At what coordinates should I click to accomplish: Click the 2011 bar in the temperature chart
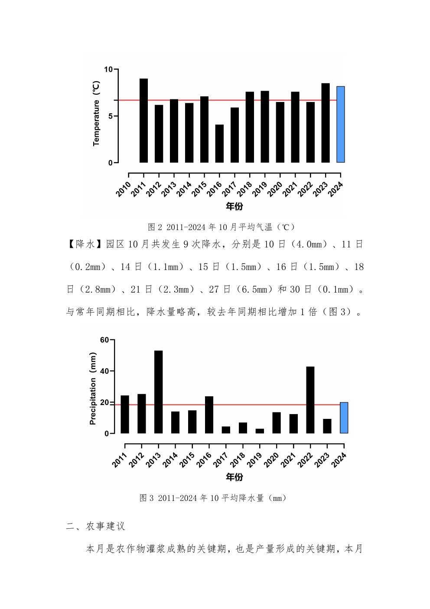(143, 121)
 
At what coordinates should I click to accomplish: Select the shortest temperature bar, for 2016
(219, 144)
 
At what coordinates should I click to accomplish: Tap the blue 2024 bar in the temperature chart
(341, 125)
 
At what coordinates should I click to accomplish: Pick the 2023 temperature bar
(326, 123)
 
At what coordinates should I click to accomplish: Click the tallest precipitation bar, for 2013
(159, 392)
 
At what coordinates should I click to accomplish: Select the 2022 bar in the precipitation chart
(310, 400)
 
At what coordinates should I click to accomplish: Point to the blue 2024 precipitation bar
(344, 418)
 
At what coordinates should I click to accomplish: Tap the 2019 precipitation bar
(260, 431)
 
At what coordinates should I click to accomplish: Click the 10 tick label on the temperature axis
(107, 69)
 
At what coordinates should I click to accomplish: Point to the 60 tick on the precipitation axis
(104, 340)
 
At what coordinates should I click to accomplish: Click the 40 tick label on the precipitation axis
(104, 371)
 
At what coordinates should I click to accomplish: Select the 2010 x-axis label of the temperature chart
(124, 190)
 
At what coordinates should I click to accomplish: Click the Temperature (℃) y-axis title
(96, 114)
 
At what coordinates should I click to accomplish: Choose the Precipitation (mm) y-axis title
(93, 388)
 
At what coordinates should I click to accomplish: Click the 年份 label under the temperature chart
(235, 206)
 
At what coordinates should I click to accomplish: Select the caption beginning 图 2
(221, 227)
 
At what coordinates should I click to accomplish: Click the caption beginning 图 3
(212, 498)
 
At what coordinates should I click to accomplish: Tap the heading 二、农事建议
(95, 526)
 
